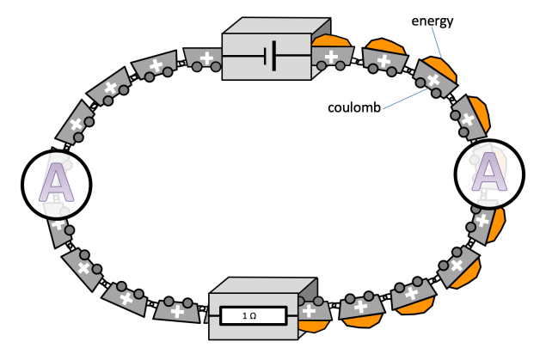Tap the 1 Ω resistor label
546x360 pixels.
coord(249,317)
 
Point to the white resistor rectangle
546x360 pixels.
coord(249,317)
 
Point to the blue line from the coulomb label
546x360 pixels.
coord(404,100)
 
